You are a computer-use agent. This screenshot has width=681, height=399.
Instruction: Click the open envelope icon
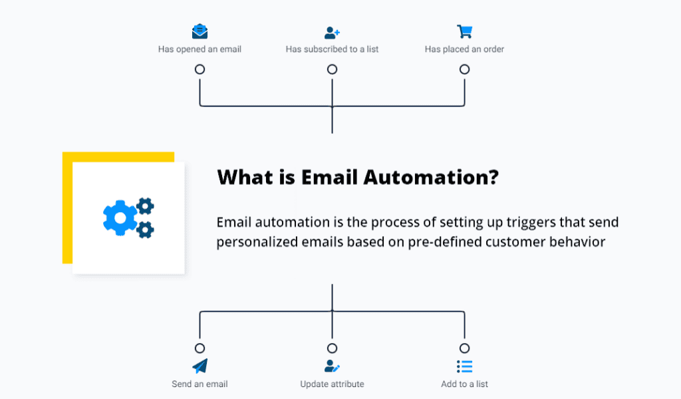pyautogui.click(x=200, y=31)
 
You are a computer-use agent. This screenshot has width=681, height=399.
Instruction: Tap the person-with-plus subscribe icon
pyautogui.click(x=333, y=33)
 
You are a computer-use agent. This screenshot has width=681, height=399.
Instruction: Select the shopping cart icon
pyautogui.click(x=465, y=31)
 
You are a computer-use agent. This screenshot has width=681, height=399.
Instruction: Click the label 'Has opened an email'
pyautogui.click(x=200, y=49)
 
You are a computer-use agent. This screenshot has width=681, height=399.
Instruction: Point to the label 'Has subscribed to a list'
pyautogui.click(x=333, y=49)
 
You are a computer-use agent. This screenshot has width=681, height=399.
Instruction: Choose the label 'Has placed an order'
pyautogui.click(x=464, y=49)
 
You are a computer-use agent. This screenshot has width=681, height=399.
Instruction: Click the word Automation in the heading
pyautogui.click(x=431, y=177)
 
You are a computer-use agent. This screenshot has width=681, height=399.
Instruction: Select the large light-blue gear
pyautogui.click(x=120, y=218)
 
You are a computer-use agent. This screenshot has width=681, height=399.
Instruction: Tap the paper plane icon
pyautogui.click(x=200, y=366)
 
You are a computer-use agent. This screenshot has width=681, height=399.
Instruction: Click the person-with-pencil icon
pyautogui.click(x=333, y=366)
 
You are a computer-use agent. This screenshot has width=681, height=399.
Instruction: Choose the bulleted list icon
pyautogui.click(x=465, y=366)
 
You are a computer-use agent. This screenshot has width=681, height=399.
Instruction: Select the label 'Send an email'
pyautogui.click(x=200, y=384)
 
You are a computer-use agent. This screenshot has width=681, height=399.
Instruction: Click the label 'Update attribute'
pyautogui.click(x=333, y=384)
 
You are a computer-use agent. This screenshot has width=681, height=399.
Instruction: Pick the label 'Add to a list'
pyautogui.click(x=464, y=384)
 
